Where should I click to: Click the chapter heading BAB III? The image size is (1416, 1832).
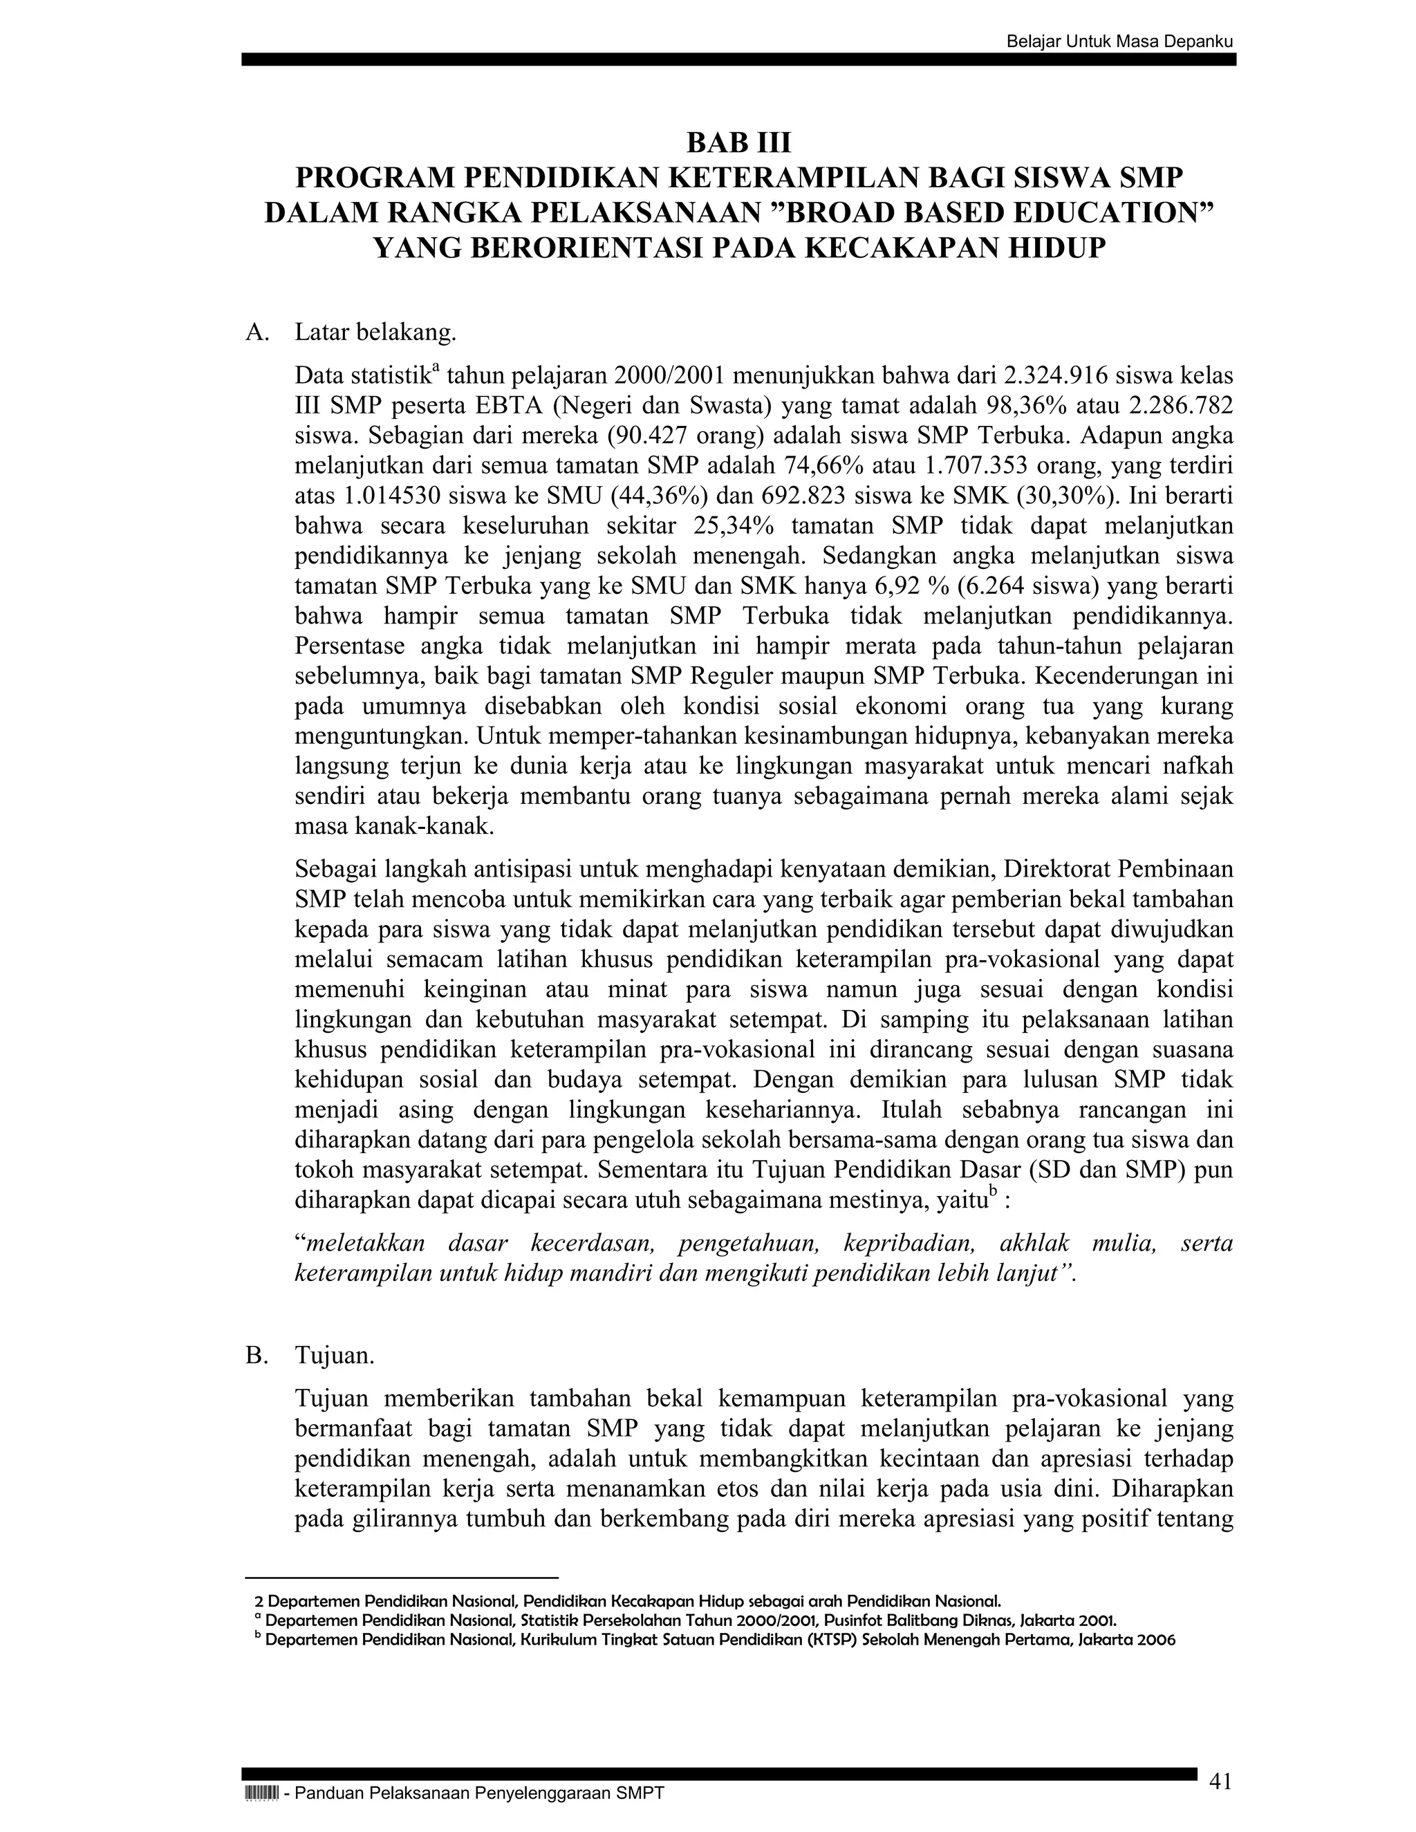[x=738, y=143]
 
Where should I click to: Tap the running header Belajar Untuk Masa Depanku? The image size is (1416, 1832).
[x=1120, y=41]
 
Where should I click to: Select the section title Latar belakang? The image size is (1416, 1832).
[x=375, y=333]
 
